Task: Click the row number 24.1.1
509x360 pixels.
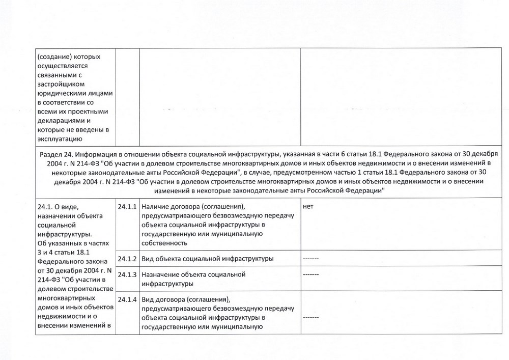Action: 127,207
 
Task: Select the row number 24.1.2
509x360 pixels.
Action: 127,259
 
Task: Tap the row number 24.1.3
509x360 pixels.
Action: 127,275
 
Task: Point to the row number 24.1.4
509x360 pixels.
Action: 127,299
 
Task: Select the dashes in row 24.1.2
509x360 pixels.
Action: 310,259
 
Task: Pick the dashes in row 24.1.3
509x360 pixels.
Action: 310,275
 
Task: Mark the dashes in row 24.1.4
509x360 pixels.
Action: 310,317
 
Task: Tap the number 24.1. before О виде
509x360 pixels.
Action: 46,207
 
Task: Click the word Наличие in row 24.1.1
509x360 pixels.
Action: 155,207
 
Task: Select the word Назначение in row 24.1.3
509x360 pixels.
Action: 160,275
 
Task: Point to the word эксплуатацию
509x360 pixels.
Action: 59,139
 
